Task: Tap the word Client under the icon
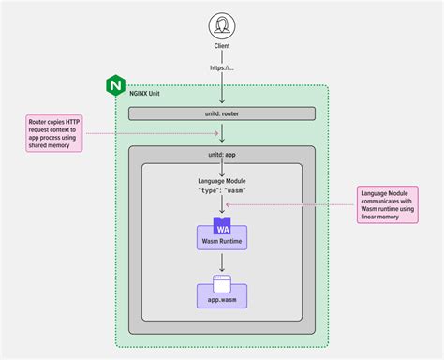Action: [x=222, y=44]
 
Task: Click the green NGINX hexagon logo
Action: [x=116, y=86]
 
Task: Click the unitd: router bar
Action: [x=222, y=112]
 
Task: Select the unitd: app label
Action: [x=222, y=152]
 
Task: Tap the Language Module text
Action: [x=222, y=181]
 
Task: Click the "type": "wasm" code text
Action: [x=222, y=191]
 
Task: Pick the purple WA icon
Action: [x=222, y=226]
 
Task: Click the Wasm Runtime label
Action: [x=222, y=242]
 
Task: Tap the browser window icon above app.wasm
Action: [x=222, y=279]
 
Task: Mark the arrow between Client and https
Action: [x=222, y=56]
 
